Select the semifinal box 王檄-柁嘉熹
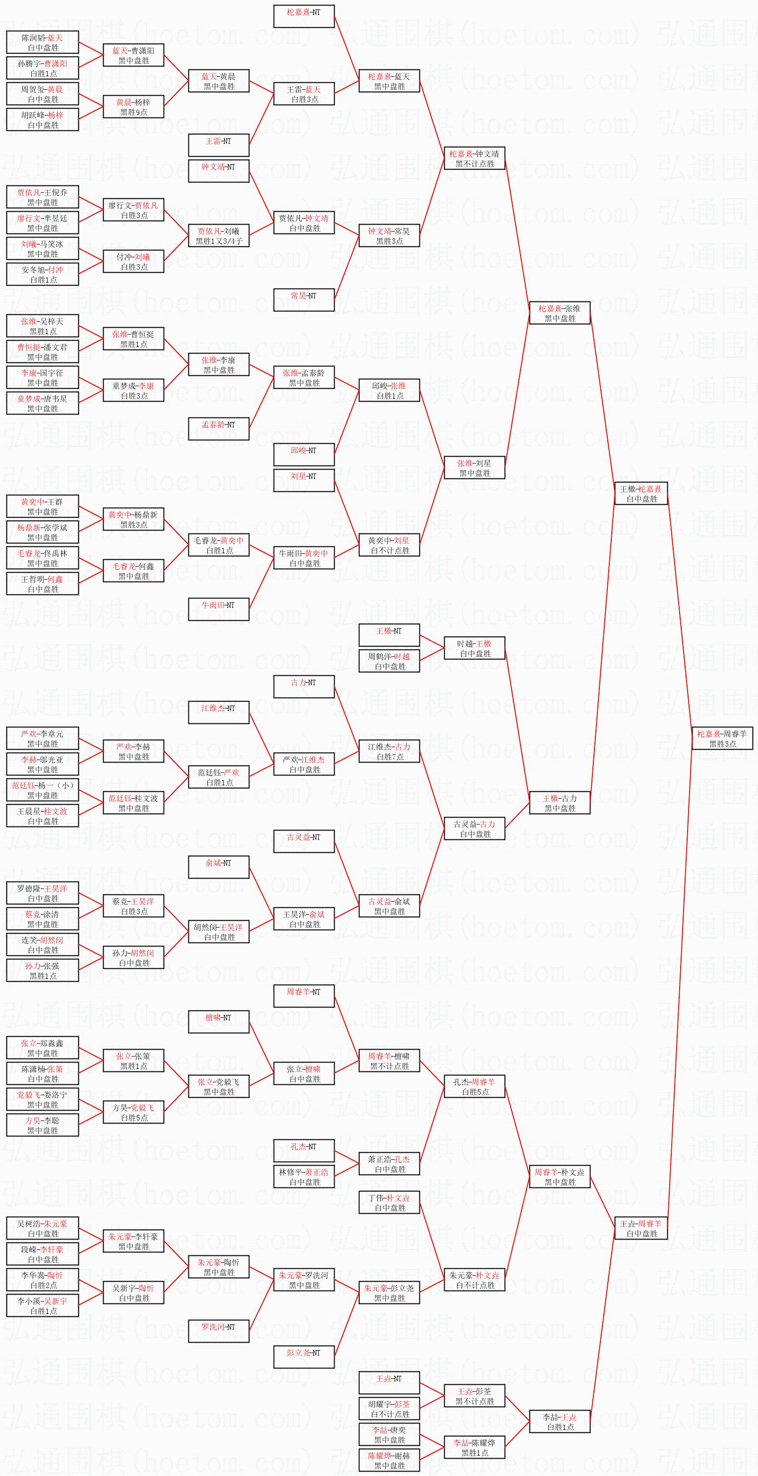641,493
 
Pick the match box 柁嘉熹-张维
559,313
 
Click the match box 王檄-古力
559,803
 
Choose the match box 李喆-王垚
559,1421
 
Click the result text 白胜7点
390,756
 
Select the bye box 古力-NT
304,686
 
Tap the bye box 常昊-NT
304,299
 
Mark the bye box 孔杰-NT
304,1151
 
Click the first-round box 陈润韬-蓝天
43,43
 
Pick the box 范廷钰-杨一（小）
43,790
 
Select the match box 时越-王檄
474,648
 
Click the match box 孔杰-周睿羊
474,1086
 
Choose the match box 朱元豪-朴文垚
474,1280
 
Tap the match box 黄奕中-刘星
389,545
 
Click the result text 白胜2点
43,1285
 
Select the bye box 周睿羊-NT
304,996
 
